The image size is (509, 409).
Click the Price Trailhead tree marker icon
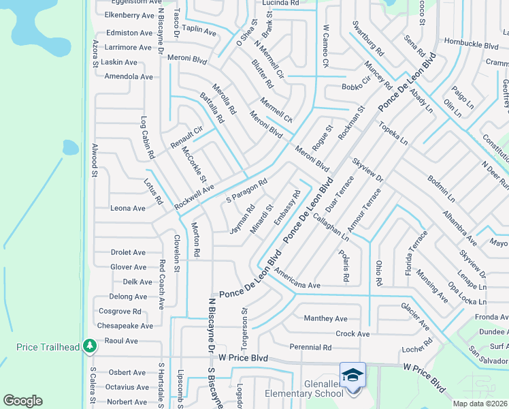coord(89,346)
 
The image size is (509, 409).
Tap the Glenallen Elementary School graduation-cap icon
coord(353,375)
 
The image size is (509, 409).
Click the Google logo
coord(22,400)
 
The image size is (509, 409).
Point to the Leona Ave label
coord(128,209)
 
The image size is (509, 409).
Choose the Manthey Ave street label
coord(325,318)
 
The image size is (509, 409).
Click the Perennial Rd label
coord(310,348)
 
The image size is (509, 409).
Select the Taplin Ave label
coord(199,31)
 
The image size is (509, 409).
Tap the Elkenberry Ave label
coord(130,15)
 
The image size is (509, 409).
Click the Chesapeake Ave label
coord(130,326)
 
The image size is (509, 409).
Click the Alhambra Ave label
coord(459,227)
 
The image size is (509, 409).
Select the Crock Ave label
coord(352,334)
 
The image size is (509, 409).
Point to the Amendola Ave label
coord(129,76)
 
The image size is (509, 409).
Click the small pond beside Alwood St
coord(71,147)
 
